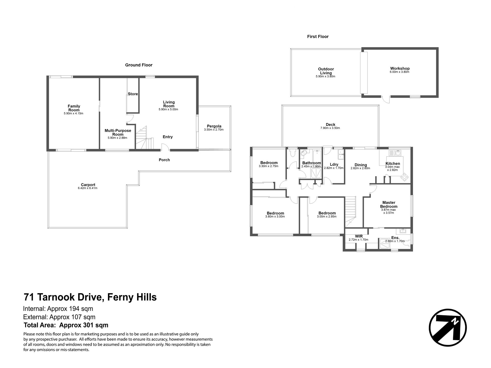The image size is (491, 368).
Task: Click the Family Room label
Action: click(74, 108)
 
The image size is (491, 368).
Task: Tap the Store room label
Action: click(133, 94)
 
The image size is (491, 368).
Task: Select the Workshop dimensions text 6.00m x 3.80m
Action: click(400, 72)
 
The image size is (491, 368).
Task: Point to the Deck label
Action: click(331, 125)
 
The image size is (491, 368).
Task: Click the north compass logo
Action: click(448, 328)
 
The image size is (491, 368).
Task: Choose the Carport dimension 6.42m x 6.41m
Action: click(88, 188)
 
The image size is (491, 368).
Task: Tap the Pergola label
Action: click(214, 126)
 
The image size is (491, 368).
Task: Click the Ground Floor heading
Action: click(139, 65)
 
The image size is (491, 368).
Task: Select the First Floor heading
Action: click(318, 37)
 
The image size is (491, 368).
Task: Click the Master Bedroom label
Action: click(389, 205)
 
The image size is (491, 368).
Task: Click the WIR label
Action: click(359, 236)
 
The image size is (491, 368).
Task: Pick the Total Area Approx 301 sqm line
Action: click(66, 325)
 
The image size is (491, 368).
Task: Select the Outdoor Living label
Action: click(326, 71)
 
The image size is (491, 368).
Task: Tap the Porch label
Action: click(164, 160)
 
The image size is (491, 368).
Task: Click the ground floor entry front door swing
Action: click(165, 147)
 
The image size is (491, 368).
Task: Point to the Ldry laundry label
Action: click(334, 165)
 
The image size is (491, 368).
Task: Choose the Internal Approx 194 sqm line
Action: click(58, 309)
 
